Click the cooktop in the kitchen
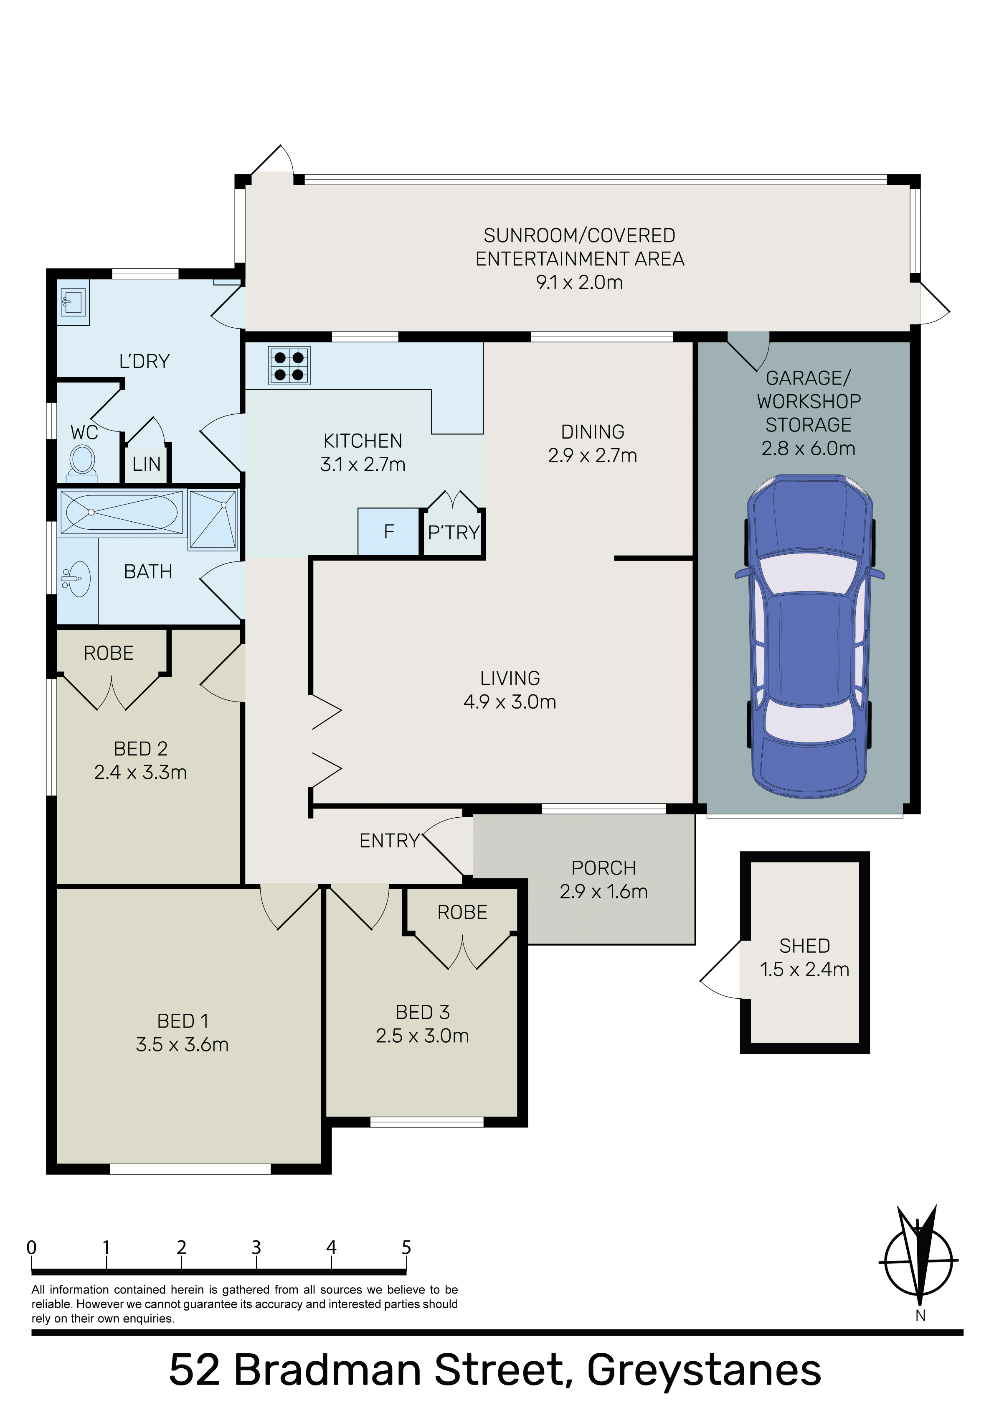pos(289,366)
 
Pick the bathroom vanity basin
pos(76,578)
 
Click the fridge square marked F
pos(388,532)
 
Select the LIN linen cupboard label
pos(147,464)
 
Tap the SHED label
pos(805,946)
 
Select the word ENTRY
pos(390,841)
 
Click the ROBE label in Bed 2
pos(109,653)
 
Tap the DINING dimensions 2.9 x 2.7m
pos(593,456)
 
